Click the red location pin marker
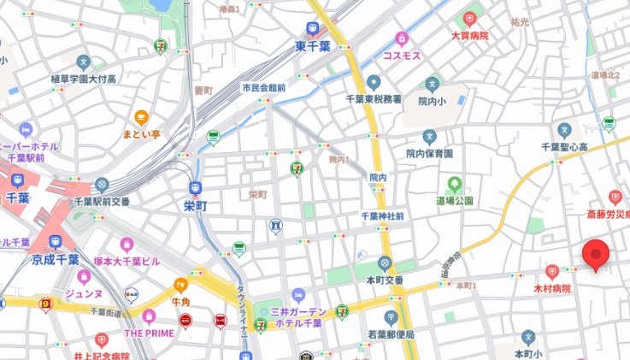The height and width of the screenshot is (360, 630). (595, 255)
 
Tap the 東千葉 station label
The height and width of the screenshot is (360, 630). (313, 46)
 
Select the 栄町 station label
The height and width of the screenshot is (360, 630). (196, 206)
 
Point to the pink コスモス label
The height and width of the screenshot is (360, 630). (401, 55)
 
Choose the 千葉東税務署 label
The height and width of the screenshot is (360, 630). (374, 99)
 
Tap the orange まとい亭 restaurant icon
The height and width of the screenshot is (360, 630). (141, 119)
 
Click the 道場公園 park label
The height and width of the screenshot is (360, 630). (455, 200)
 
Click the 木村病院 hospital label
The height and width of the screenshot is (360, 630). (551, 289)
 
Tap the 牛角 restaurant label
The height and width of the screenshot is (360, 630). (180, 301)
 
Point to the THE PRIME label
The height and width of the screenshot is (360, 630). (149, 333)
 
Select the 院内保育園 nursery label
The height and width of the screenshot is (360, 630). (429, 153)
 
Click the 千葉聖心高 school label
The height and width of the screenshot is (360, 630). (563, 146)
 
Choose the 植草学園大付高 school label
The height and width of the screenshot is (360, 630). (83, 79)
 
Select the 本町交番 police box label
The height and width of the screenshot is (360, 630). (384, 279)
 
